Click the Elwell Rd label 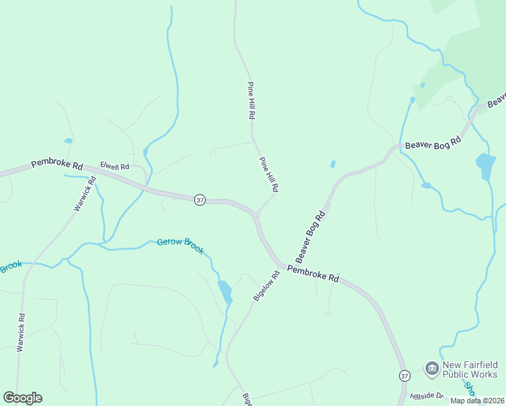tap(114, 165)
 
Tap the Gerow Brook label tap(180, 246)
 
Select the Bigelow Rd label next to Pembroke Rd tap(267, 286)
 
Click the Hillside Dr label tap(426, 396)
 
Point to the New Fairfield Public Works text tap(469, 369)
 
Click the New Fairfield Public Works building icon tap(432, 369)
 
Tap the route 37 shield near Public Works tap(405, 376)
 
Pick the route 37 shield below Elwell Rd tap(199, 200)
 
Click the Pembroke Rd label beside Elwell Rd tap(57, 164)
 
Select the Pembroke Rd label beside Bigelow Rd tap(313, 273)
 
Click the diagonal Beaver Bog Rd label tap(311, 237)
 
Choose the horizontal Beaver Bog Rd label tap(432, 143)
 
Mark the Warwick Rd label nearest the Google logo tap(21, 332)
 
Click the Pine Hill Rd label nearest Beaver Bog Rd tap(269, 174)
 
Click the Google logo tap(22, 398)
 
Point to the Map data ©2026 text tap(476, 401)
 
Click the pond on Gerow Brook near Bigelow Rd tap(225, 291)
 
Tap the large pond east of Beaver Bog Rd tap(485, 166)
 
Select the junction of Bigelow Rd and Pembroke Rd tap(279, 265)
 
